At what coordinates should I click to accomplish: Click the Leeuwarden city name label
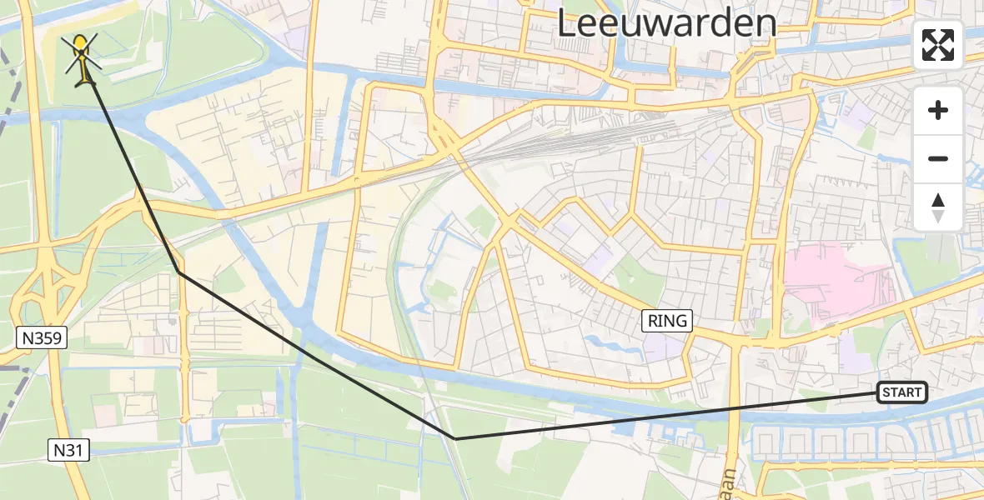[666, 22]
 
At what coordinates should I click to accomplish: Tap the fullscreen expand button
[938, 45]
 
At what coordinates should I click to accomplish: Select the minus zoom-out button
[938, 158]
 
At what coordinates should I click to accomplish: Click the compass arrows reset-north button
[938, 207]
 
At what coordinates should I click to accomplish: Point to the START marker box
[901, 392]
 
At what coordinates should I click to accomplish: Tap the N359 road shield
[41, 337]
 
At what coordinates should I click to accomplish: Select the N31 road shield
[68, 451]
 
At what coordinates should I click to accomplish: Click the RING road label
[667, 320]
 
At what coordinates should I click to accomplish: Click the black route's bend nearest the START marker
[454, 438]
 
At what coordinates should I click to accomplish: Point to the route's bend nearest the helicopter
[179, 272]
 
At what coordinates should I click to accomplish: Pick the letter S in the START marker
[886, 392]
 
